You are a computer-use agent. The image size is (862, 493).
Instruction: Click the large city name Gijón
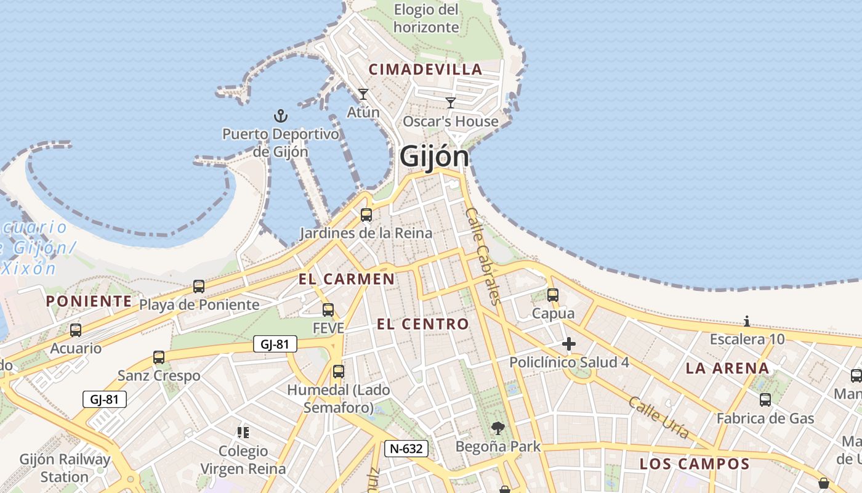434,157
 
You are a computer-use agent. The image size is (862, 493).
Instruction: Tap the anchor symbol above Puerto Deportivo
281,115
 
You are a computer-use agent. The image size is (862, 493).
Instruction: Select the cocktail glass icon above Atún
363,94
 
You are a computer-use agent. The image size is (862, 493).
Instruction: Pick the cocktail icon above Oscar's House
451,103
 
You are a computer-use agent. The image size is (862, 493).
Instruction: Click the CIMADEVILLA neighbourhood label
425,70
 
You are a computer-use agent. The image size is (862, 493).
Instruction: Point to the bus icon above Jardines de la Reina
366,215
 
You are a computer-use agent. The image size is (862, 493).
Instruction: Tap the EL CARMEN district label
347,279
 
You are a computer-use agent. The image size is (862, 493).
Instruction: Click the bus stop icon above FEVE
328,310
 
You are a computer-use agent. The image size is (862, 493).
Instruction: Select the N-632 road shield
406,449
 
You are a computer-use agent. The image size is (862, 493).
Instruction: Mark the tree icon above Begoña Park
498,428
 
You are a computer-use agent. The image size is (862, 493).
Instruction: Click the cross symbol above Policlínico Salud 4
569,344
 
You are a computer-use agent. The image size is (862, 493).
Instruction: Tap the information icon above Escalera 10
747,321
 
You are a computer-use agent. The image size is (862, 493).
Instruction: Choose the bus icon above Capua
553,295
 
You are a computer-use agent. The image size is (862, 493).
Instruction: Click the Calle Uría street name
658,417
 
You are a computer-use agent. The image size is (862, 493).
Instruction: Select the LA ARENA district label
727,369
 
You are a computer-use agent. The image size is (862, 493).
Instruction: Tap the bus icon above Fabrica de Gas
765,400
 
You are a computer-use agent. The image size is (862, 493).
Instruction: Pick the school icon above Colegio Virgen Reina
243,433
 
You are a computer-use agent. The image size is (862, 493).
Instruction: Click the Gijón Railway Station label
65,468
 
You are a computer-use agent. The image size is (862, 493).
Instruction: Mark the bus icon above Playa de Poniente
199,287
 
